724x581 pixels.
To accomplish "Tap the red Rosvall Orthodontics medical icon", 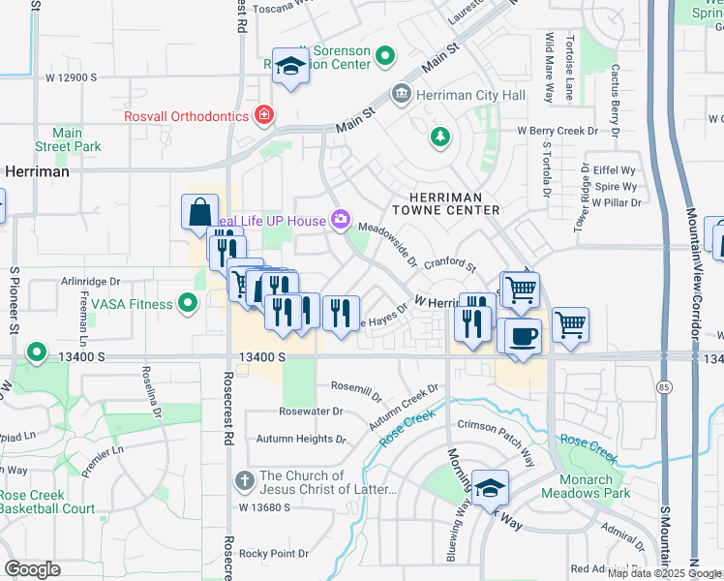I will (262, 116).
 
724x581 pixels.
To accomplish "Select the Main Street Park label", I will (68, 139).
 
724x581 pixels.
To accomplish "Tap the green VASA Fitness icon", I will (190, 304).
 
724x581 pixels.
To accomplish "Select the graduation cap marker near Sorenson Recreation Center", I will (289, 66).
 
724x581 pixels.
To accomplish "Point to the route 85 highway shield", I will (662, 387).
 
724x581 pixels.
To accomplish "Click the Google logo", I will (32, 568).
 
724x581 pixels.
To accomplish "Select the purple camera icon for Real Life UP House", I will (341, 220).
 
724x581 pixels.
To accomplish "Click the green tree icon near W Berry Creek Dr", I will (440, 136).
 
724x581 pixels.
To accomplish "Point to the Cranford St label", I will (450, 262).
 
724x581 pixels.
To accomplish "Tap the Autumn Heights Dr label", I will (300, 439).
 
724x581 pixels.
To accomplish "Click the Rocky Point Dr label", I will (274, 554).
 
